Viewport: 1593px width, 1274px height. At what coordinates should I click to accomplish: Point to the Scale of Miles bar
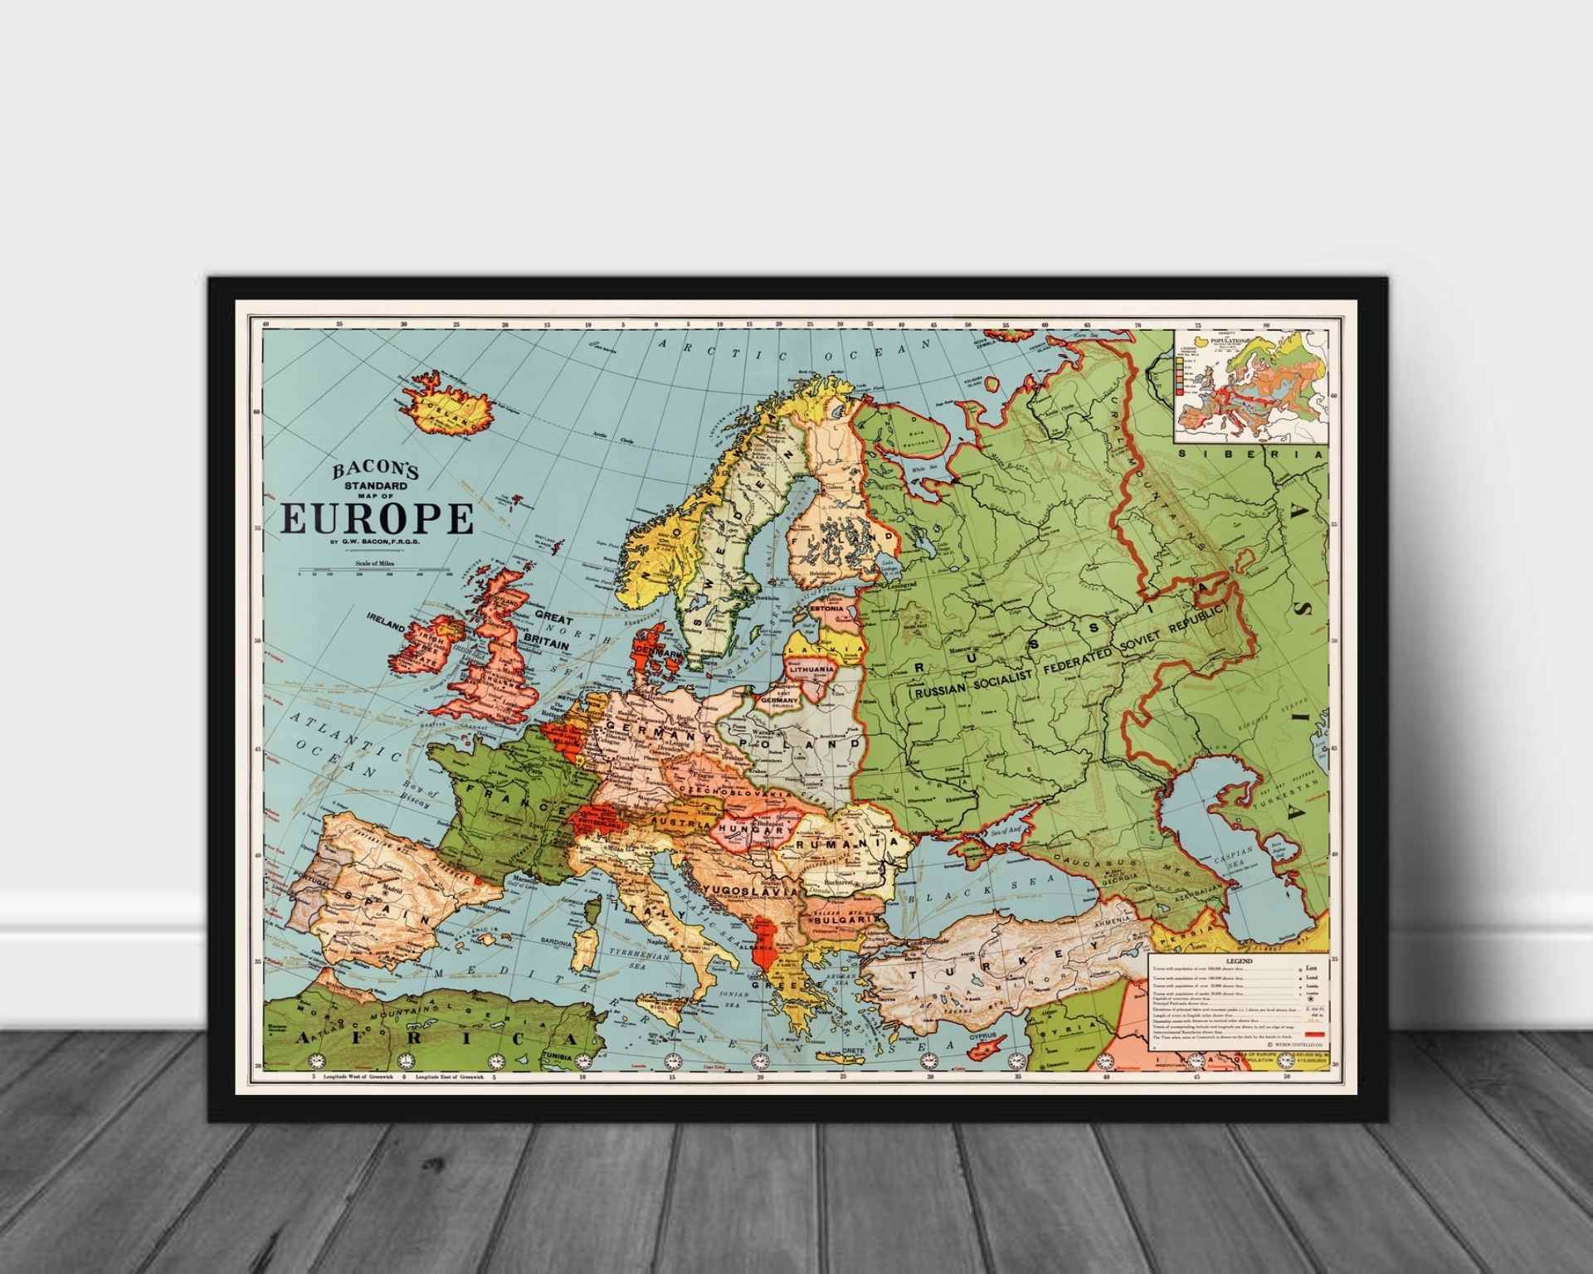(375, 571)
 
